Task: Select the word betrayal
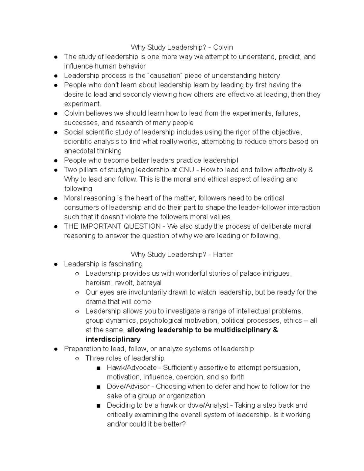click(149, 283)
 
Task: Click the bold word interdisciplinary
click(113, 339)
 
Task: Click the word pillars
click(87, 170)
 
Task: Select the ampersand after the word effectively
click(310, 170)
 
